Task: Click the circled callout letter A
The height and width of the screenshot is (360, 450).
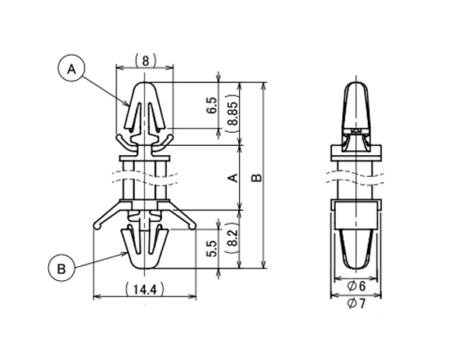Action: [x=71, y=69]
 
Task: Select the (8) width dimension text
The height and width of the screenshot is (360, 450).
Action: [x=145, y=59]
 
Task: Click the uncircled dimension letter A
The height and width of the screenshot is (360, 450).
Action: [x=230, y=178]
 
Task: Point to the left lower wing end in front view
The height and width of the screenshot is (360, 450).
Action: [x=95, y=226]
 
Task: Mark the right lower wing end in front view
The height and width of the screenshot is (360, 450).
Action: [x=193, y=226]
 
